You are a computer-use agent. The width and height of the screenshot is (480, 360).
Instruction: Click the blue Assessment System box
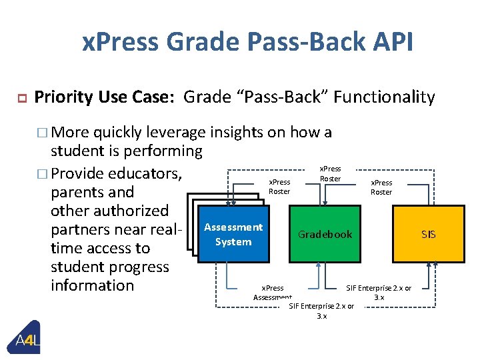pos(233,235)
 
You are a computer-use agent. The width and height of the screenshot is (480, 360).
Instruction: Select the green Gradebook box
pos(325,235)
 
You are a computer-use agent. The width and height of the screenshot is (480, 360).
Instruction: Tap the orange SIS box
pos(427,235)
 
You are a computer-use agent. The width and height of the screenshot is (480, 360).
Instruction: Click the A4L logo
pos(27,341)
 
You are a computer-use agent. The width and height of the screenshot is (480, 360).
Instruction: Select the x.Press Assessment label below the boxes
pos(272,293)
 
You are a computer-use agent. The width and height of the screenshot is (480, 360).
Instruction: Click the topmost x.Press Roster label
pos(330,174)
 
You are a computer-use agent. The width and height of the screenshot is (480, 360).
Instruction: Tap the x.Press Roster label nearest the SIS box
pos(381,187)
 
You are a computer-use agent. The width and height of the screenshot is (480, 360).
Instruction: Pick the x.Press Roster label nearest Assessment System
pos(279,187)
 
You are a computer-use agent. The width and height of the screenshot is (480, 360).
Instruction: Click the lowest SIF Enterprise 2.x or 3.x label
pos(321,311)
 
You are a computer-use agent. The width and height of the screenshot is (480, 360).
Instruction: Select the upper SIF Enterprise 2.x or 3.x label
pos(379,293)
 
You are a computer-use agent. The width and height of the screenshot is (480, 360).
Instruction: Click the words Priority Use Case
pos(104,98)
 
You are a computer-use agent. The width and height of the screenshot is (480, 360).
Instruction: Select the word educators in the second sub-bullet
pos(145,173)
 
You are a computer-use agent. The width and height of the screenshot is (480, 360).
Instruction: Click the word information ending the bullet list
pos(92,285)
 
